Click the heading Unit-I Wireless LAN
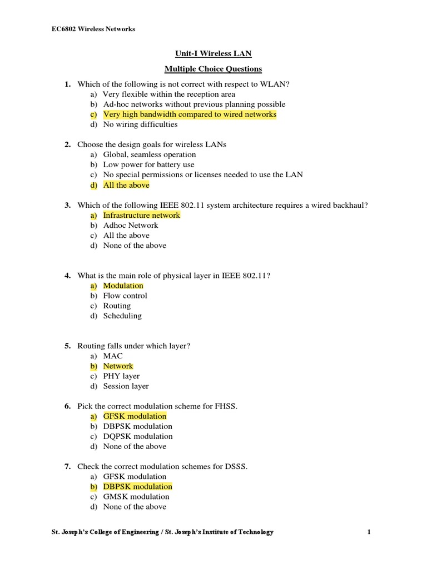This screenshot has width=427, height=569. pos(213,54)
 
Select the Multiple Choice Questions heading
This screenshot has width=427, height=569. pos(213,69)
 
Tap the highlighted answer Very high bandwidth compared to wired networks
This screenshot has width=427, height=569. pos(190,114)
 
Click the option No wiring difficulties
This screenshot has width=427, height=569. pos(140,124)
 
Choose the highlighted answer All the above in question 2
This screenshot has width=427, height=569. pos(126,185)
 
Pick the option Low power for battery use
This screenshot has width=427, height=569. pos(148,164)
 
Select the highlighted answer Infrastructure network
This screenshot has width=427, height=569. pos(141,215)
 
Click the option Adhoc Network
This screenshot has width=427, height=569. pos(131,225)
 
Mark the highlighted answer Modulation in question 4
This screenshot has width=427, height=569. pos(123,286)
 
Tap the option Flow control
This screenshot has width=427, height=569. pos(125,296)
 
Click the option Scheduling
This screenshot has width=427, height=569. pos(122,316)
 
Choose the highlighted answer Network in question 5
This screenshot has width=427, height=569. pos(118,366)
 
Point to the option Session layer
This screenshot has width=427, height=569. pos(126,386)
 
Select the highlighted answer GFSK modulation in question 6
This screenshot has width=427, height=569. pos(135,416)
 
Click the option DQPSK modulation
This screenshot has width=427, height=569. pos(138,436)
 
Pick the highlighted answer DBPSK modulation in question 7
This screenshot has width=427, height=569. pos(137,487)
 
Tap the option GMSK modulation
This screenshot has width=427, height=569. pos(136,497)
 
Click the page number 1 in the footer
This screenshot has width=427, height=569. pos(369,532)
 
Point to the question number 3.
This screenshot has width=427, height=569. pos(67,206)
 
